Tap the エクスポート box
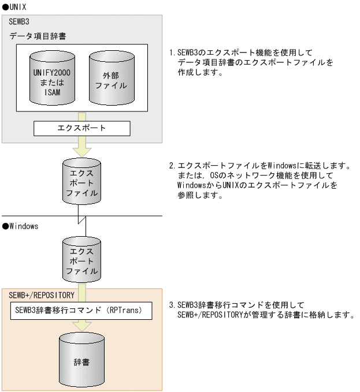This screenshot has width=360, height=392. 82,128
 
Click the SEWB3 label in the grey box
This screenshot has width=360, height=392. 20,21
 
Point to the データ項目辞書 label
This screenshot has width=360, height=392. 38,36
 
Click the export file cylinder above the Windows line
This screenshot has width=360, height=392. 82,180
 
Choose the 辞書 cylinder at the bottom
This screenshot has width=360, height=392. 81,360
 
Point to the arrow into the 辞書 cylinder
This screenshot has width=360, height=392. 81,326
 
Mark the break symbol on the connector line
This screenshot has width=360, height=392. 82,217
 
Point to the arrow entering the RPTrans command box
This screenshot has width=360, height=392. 81,290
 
